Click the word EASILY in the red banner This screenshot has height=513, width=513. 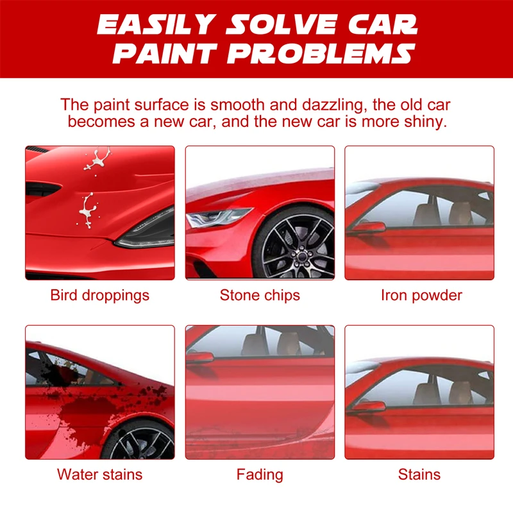coord(156,24)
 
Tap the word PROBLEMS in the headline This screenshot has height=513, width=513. coord(321,53)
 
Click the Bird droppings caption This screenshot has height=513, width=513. coord(100,296)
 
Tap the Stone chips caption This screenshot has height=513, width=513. coord(260,295)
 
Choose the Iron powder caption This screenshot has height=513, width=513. coord(421,295)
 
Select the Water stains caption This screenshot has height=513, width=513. coord(100,475)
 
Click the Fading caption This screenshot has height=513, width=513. coord(260,475)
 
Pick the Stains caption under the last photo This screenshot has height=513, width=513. coord(419,475)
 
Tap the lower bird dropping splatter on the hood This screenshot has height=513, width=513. coord(88,210)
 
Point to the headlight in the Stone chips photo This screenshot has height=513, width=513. coord(217,217)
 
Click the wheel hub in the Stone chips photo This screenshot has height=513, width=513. coord(299,255)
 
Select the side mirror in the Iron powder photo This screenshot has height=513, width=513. coord(367,227)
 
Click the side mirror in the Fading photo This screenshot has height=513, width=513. coord(200,357)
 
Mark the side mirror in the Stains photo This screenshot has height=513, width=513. coord(367,407)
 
